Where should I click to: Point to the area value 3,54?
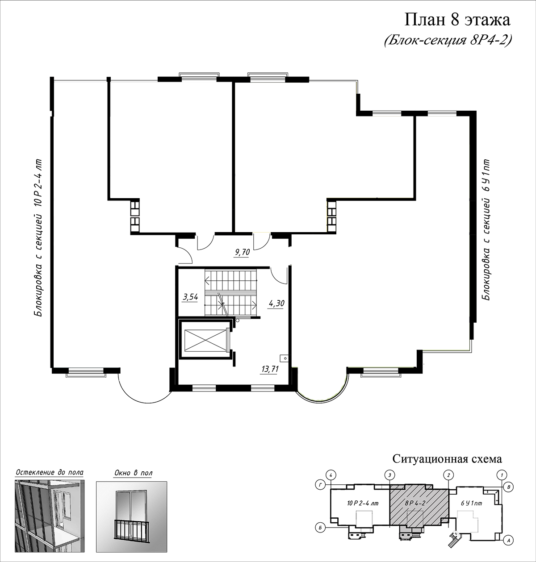tap(190, 297)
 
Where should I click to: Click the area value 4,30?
tap(276, 303)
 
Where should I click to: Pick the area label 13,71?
tap(269, 369)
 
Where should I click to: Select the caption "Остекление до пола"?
tap(50, 472)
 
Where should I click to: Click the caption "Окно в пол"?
tap(133, 473)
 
